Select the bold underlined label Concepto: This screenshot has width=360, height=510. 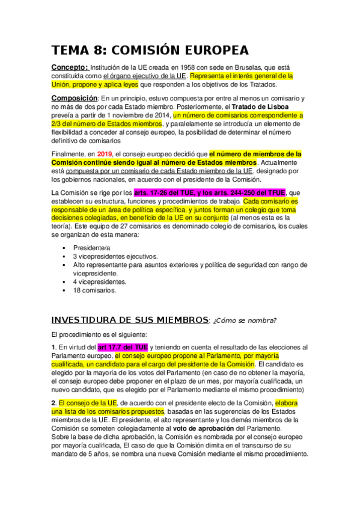tap(70, 67)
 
